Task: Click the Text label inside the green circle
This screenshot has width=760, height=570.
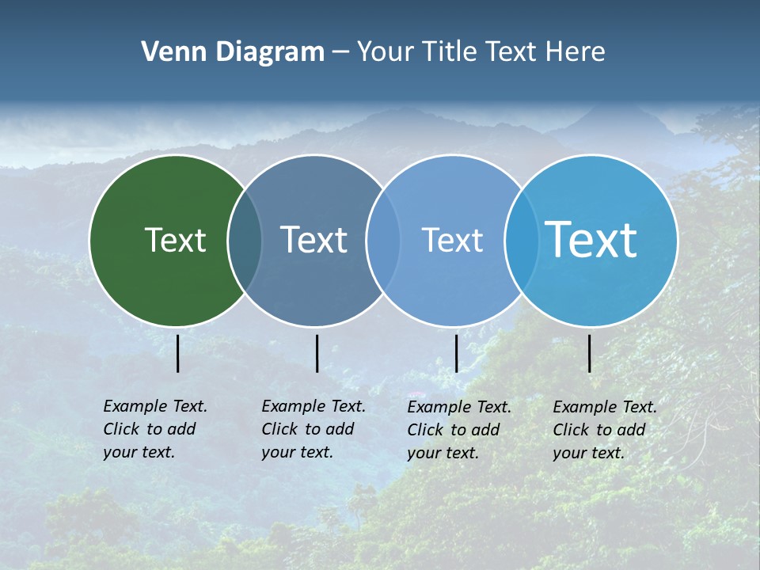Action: pos(175,240)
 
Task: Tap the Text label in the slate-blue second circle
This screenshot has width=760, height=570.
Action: pos(313,240)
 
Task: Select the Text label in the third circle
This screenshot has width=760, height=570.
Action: pos(452,240)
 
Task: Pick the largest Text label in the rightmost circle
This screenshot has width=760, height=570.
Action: pos(591,240)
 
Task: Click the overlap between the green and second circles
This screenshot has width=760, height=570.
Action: pos(245,240)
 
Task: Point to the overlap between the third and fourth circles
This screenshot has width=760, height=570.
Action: pos(522,240)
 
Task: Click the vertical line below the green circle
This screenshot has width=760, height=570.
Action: pos(178,353)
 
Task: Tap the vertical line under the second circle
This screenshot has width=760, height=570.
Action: pos(317,353)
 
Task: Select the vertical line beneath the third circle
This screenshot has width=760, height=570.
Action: pos(456,353)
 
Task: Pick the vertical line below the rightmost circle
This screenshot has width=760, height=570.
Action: pos(590,353)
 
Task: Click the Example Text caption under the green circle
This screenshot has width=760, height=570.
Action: pos(155,429)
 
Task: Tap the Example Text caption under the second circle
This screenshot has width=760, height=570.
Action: pos(313,429)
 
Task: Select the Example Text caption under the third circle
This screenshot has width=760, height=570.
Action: pos(459,430)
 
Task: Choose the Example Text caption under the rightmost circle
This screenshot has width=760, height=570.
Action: pos(605,430)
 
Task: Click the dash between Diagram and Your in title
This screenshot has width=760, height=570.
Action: pos(340,53)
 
